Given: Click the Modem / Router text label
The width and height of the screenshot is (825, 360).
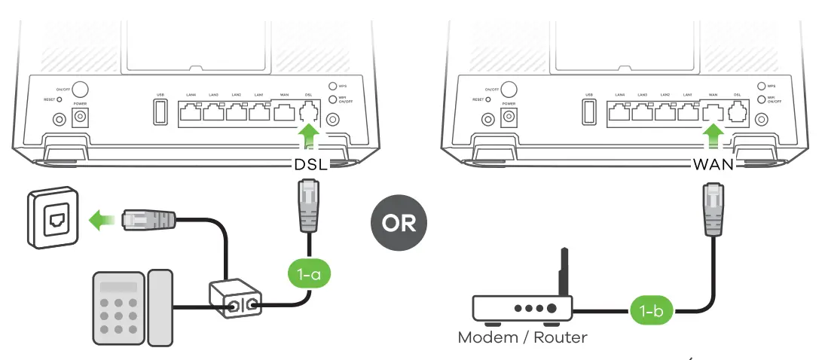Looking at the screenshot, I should tap(522, 337).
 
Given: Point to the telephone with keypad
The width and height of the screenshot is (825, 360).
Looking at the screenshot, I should tap(131, 307).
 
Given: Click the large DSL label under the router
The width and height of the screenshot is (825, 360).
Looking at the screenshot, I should tap(310, 164).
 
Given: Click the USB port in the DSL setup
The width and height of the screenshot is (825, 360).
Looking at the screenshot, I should tap(160, 114).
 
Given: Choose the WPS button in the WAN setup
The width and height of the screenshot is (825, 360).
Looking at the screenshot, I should tap(761, 87).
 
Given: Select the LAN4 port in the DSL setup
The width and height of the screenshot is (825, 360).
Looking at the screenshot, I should tap(191, 114).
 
